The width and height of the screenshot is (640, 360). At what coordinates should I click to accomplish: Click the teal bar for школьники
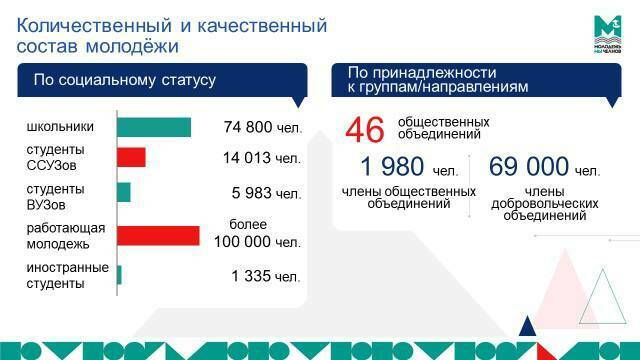(x=154, y=127)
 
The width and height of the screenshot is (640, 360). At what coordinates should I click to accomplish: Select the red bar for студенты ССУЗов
(x=131, y=158)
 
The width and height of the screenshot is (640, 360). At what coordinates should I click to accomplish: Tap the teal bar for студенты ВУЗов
(x=124, y=192)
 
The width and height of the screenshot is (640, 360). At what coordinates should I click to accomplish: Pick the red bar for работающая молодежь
(x=158, y=235)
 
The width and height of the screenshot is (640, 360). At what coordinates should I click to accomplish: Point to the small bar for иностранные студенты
(x=119, y=275)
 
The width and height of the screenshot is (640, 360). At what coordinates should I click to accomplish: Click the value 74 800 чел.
(x=262, y=128)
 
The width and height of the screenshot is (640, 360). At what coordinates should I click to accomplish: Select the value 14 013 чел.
(x=261, y=158)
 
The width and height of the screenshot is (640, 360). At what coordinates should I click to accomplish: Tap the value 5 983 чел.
(x=265, y=193)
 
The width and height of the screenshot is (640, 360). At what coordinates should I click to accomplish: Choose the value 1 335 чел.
(x=265, y=276)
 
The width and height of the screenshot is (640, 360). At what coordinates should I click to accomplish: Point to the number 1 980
(x=396, y=167)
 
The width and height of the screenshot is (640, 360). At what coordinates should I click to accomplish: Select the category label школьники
(x=61, y=127)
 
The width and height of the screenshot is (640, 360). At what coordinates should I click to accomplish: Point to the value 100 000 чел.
(x=257, y=241)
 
